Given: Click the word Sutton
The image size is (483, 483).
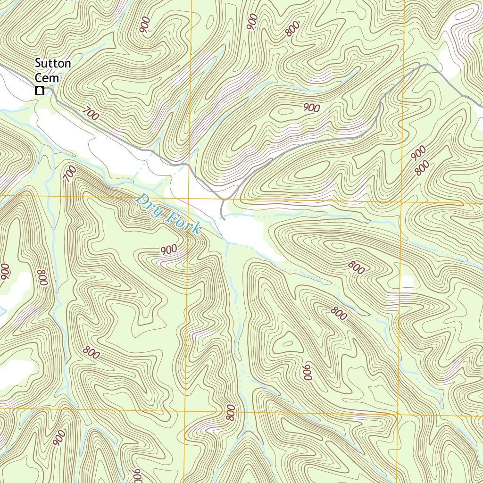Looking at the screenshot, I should [53, 64].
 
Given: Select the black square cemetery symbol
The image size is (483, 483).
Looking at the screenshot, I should [40, 91].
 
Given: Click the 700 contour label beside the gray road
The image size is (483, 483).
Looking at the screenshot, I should [91, 114].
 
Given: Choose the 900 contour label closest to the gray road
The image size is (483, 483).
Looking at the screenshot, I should [311, 108].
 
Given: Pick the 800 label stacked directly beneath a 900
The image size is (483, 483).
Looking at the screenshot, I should [423, 167].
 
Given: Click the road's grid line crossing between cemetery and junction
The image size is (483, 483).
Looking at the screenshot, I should [190, 167].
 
